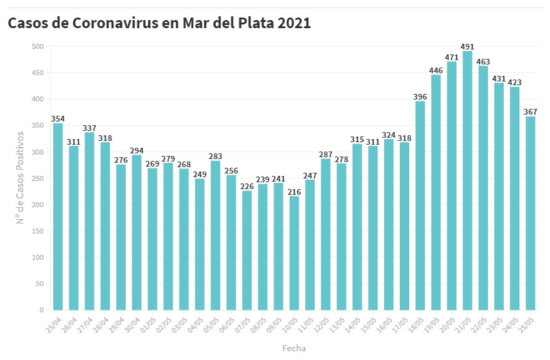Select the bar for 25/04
pos(58,216)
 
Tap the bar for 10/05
pos(294,253)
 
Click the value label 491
pos(467,46)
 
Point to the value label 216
pos(294,192)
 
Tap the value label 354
pos(58,119)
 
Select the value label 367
pos(531,112)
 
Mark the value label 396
pos(420,96)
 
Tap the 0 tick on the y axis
pos(41,310)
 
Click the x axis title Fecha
pos(294,347)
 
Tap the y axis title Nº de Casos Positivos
pos(20,178)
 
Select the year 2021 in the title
pos(292,23)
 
